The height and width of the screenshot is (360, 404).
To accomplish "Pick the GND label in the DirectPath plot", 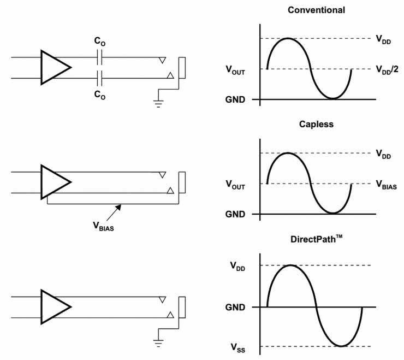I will click(x=235, y=307).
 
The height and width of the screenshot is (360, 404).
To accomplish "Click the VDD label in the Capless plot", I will click(x=383, y=154).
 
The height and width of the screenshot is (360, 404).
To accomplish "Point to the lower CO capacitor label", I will click(x=100, y=95).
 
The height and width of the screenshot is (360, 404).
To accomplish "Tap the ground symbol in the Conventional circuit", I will click(x=159, y=103).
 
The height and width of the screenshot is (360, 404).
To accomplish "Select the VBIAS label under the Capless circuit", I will click(x=103, y=224).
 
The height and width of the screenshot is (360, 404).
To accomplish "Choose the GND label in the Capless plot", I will click(x=235, y=214).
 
